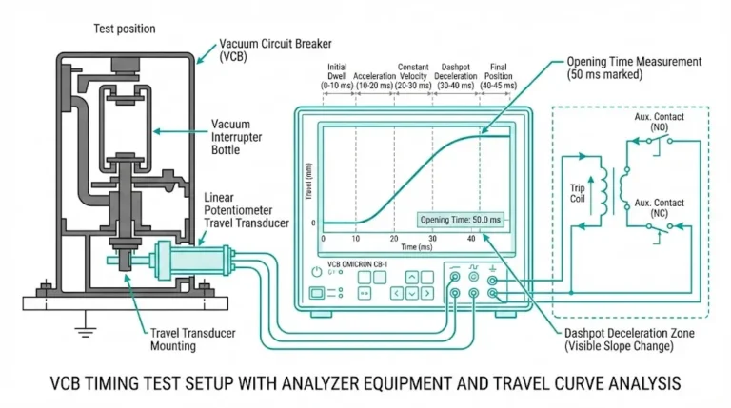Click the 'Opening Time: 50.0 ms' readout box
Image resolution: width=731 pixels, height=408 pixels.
point(460,220)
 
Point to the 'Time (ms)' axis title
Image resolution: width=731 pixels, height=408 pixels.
point(414,246)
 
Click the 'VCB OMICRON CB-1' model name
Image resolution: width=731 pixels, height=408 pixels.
point(363,262)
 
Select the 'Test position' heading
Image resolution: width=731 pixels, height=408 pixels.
point(124,29)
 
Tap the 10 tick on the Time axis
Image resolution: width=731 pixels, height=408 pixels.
point(357,238)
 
